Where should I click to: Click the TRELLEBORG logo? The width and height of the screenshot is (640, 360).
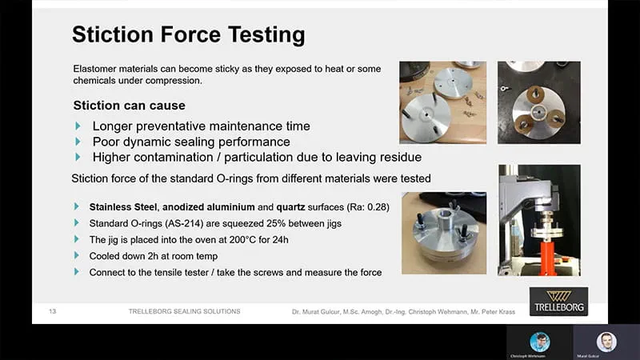pos(558,302)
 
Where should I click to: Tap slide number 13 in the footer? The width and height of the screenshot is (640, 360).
pos(53,310)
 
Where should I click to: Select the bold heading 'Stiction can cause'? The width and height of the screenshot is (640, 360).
pos(129,106)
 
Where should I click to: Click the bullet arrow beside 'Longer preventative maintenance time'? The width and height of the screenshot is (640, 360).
pos(78,126)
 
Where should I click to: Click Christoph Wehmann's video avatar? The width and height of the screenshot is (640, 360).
pos(540,341)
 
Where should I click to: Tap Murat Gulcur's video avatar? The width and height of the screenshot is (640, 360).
pos(606,341)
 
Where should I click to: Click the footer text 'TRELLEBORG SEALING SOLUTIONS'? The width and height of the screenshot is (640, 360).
pos(184,310)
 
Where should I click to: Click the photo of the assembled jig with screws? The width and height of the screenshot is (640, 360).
pos(444,233)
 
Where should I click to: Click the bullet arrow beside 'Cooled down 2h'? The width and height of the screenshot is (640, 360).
pos(77,256)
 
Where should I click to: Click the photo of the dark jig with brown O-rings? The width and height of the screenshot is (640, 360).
pos(538,102)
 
